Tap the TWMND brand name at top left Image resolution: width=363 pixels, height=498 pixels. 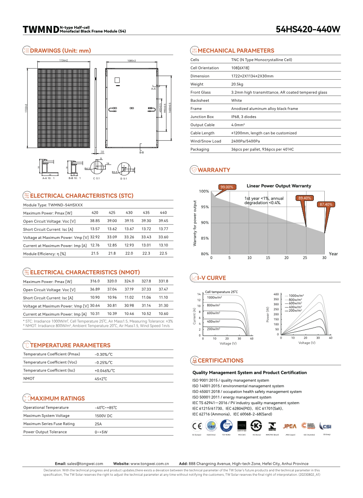[41, 30]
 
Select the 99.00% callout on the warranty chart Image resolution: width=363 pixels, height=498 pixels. [226, 187]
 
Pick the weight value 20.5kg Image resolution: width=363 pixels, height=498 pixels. [237, 84]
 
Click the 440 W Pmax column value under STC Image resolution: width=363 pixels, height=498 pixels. [163, 213]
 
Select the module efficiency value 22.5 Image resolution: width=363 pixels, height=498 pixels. [163, 253]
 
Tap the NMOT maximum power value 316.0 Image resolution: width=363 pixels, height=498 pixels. [95, 281]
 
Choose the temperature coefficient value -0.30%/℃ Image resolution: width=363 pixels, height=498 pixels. [103, 354]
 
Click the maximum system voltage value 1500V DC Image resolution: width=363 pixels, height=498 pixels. [103, 416]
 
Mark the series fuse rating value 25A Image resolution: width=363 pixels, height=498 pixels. [98, 424]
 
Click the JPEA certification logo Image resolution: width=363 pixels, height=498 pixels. [290, 426]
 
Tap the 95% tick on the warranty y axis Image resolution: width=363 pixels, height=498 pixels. [205, 207]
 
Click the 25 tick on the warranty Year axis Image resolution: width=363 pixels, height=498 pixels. [306, 257]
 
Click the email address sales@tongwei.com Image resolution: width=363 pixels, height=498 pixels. [85, 463]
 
